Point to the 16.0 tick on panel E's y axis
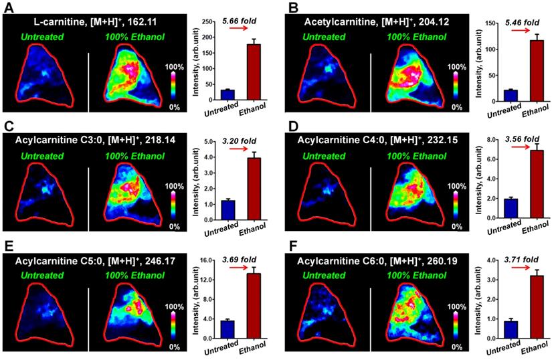(202, 260)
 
